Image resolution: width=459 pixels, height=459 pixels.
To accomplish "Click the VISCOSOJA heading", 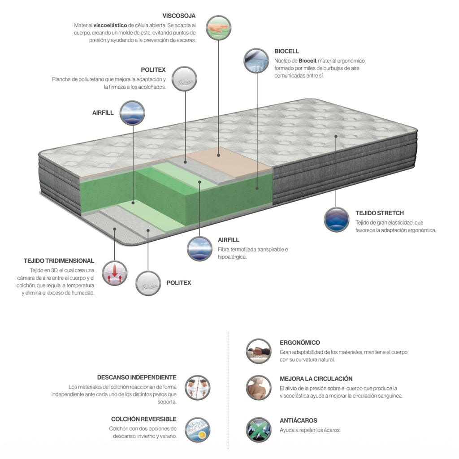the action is coord(179,16).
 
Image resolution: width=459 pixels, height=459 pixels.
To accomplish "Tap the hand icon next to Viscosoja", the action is coord(218,28).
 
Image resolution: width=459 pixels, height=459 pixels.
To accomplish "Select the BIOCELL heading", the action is coord(286,51).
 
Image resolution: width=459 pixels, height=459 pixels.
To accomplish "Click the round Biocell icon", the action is coord(256,61).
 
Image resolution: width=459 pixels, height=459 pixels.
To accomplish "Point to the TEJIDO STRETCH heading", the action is coord(380,213).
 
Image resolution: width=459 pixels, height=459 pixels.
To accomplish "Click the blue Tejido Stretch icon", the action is coord(337,220).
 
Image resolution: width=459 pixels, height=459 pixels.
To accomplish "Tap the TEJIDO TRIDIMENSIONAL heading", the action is coord(59,261).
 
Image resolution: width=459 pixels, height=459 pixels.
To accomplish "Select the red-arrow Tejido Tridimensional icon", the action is coord(115,273).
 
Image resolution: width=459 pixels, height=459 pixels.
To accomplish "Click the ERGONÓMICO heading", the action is coord(300,342).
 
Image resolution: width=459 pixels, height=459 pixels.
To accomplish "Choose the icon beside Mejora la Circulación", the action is coord(259,388).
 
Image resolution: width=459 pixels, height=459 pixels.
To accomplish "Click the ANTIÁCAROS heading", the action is coord(298,420).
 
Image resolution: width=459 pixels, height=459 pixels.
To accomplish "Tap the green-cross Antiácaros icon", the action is coord(259,430).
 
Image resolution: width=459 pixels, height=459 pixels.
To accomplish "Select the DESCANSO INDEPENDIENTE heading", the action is coord(137,377).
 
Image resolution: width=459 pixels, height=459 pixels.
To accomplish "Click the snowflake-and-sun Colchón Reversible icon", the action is coord(198,430).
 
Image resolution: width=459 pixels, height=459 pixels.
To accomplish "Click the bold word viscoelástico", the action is coord(110,26).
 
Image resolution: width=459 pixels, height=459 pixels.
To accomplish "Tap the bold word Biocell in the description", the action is coord(307,61).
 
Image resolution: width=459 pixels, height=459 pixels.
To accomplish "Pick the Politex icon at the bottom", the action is coord(148,283).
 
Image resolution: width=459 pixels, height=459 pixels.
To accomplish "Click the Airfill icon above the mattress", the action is coord(132,113).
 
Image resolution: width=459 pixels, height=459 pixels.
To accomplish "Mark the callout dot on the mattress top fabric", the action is coord(336,136).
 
